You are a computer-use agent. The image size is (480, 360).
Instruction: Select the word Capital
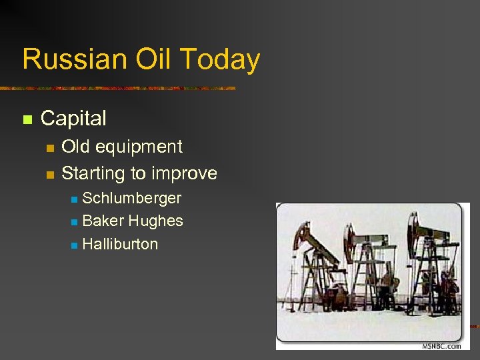[x=73, y=119]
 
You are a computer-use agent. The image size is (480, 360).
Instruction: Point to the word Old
[x=77, y=147]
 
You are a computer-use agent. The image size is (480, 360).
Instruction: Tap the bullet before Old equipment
[x=49, y=148]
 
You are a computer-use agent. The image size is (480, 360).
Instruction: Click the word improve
[x=184, y=174]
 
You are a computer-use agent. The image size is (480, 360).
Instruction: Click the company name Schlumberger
[x=131, y=198]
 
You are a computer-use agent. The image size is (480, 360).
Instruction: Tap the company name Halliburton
[x=120, y=244]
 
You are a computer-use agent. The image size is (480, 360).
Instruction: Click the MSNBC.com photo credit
[x=441, y=346]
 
